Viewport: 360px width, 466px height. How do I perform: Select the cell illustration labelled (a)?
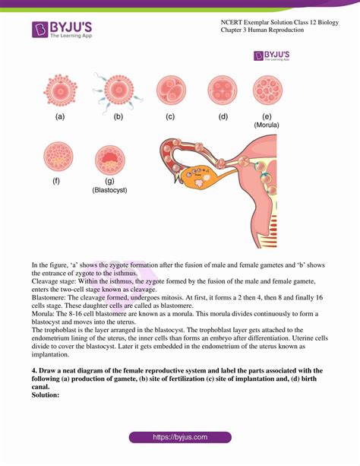pyautogui.click(x=60, y=90)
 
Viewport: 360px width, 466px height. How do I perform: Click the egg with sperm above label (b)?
pyautogui.click(x=117, y=90)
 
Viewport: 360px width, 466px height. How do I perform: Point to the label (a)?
pyautogui.click(x=60, y=117)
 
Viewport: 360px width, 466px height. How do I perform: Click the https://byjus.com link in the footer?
pyautogui.click(x=179, y=439)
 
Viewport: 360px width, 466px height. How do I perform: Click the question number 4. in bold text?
pyautogui.click(x=34, y=370)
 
